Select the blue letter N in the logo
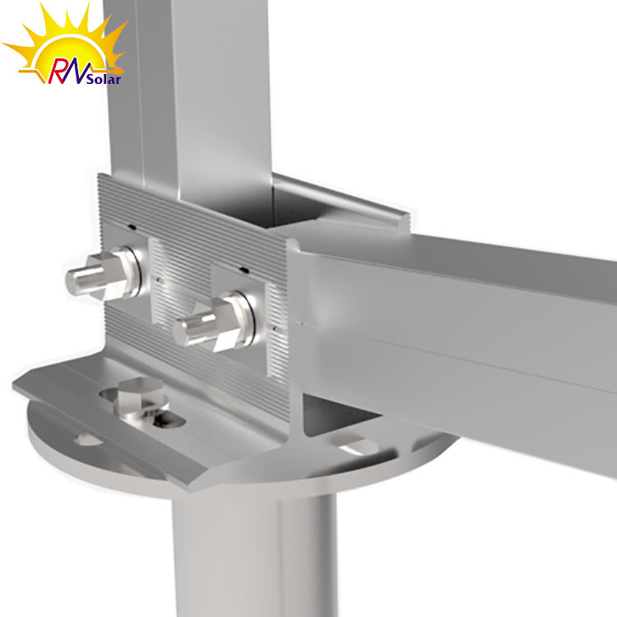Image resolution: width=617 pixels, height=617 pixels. pyautogui.click(x=81, y=70)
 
